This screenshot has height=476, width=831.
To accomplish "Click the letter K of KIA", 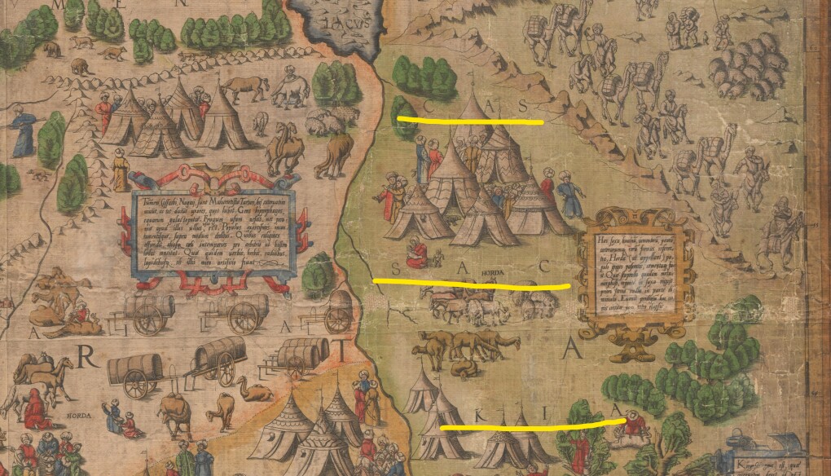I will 458,415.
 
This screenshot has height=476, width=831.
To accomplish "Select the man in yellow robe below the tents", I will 121,170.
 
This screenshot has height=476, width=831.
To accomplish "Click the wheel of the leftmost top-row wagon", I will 148,321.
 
